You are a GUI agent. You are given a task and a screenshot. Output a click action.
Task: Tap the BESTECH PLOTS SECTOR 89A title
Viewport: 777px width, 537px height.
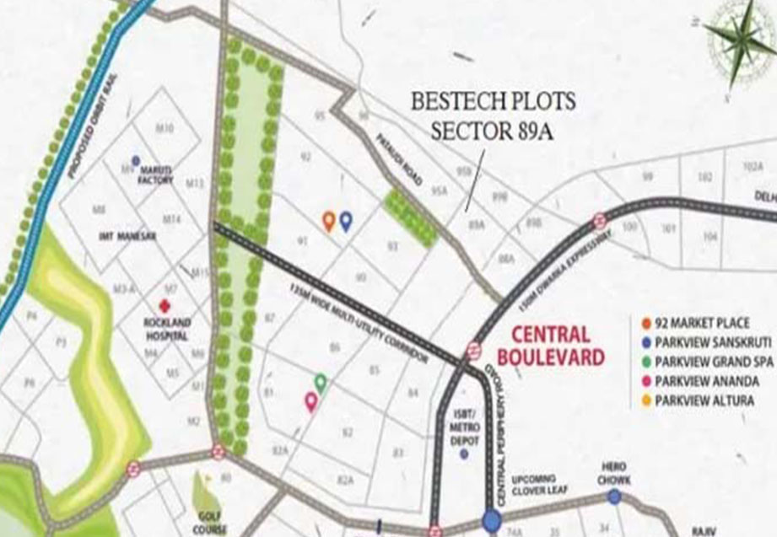494,117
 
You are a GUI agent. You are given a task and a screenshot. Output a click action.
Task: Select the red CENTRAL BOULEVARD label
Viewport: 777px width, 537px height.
551,346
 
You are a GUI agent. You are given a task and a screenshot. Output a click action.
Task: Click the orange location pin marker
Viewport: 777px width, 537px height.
329,221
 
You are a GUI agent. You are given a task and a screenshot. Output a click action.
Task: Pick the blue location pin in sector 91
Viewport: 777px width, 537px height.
346,221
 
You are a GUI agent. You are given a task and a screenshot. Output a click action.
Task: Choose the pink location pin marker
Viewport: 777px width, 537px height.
310,401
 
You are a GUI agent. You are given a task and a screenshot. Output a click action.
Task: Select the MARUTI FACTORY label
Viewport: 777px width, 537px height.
155,174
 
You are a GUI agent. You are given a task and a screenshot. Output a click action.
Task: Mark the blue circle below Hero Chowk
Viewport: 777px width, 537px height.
614,497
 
